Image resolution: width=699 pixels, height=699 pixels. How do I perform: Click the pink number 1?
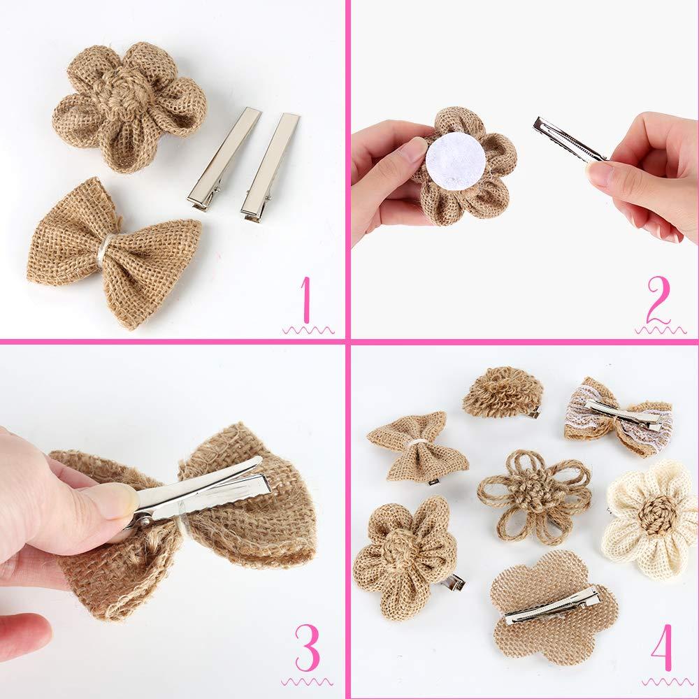tap(305, 301)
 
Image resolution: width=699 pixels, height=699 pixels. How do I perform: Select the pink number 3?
tap(306, 647)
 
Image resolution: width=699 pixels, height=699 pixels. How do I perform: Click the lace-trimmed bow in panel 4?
tap(619, 417)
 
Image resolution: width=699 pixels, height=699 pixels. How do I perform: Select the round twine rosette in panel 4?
tap(501, 392)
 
